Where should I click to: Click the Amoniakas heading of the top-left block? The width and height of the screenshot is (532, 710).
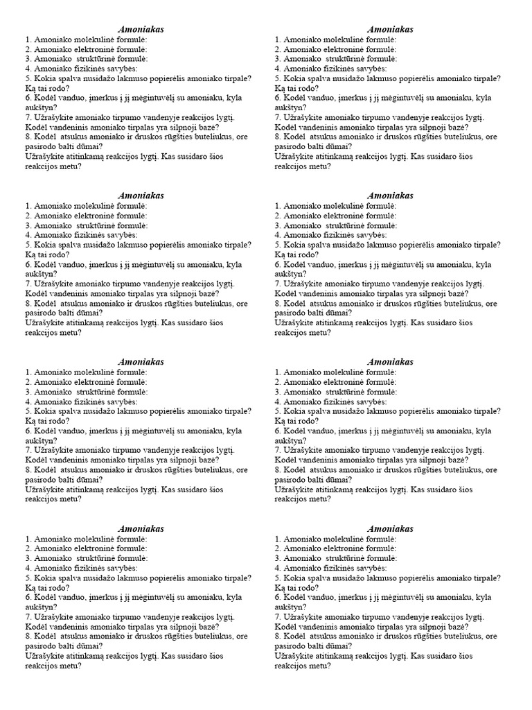pyautogui.click(x=141, y=29)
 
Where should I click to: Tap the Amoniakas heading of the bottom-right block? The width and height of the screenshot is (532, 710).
pyautogui.click(x=391, y=528)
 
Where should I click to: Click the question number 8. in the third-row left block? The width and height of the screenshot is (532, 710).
pyautogui.click(x=28, y=470)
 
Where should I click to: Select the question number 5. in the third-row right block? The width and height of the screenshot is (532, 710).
pyautogui.click(x=278, y=411)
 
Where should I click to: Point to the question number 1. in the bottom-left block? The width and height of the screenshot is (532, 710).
pyautogui.click(x=28, y=539)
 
